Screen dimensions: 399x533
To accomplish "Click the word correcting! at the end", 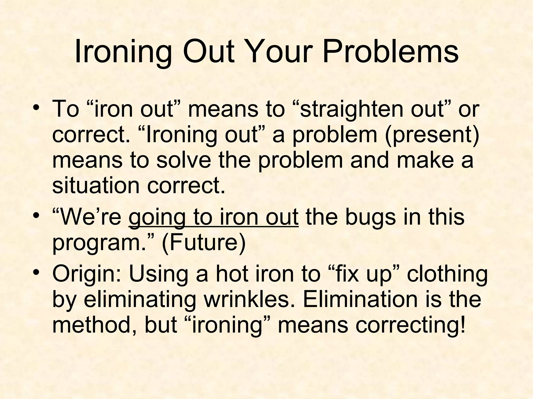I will [x=410, y=325].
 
